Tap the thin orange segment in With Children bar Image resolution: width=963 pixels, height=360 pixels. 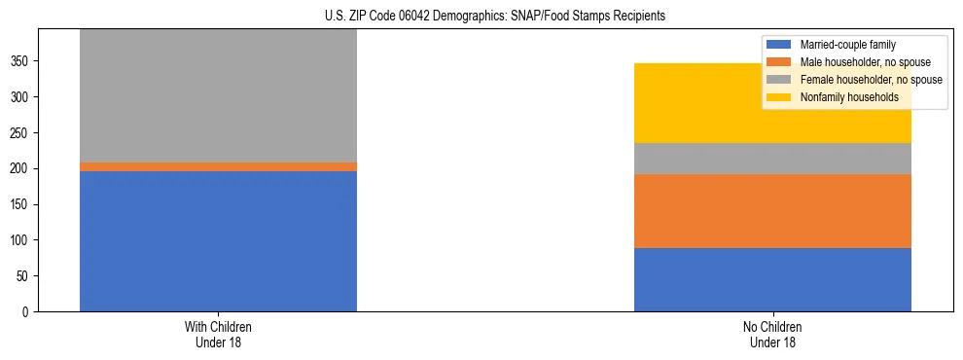coord(218,167)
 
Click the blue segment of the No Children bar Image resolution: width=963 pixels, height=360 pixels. coord(772,280)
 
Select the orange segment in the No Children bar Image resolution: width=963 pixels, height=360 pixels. coord(772,211)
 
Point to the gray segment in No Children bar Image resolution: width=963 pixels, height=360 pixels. coord(772,159)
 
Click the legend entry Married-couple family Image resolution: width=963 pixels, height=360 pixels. coord(847,45)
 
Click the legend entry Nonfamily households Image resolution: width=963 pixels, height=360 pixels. coord(842,97)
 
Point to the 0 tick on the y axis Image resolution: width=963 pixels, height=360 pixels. coord(29,312)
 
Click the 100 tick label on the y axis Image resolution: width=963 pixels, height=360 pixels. coord(22,240)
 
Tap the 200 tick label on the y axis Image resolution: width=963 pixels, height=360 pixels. coord(22,169)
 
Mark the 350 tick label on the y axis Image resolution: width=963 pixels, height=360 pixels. coord(22,61)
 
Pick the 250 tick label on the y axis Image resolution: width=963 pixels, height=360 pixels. coord(22,133)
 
